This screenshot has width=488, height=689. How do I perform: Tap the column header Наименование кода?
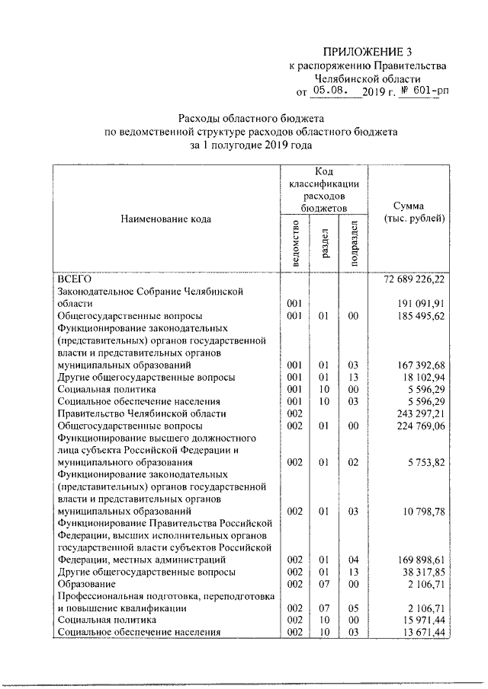(x=165, y=219)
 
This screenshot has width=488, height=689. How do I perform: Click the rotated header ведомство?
(x=296, y=242)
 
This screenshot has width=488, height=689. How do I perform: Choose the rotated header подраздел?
(x=352, y=242)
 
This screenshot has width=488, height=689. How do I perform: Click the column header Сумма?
(x=414, y=207)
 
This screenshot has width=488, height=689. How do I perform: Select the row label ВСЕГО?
(x=75, y=279)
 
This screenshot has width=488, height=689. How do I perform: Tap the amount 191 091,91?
(x=419, y=303)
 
